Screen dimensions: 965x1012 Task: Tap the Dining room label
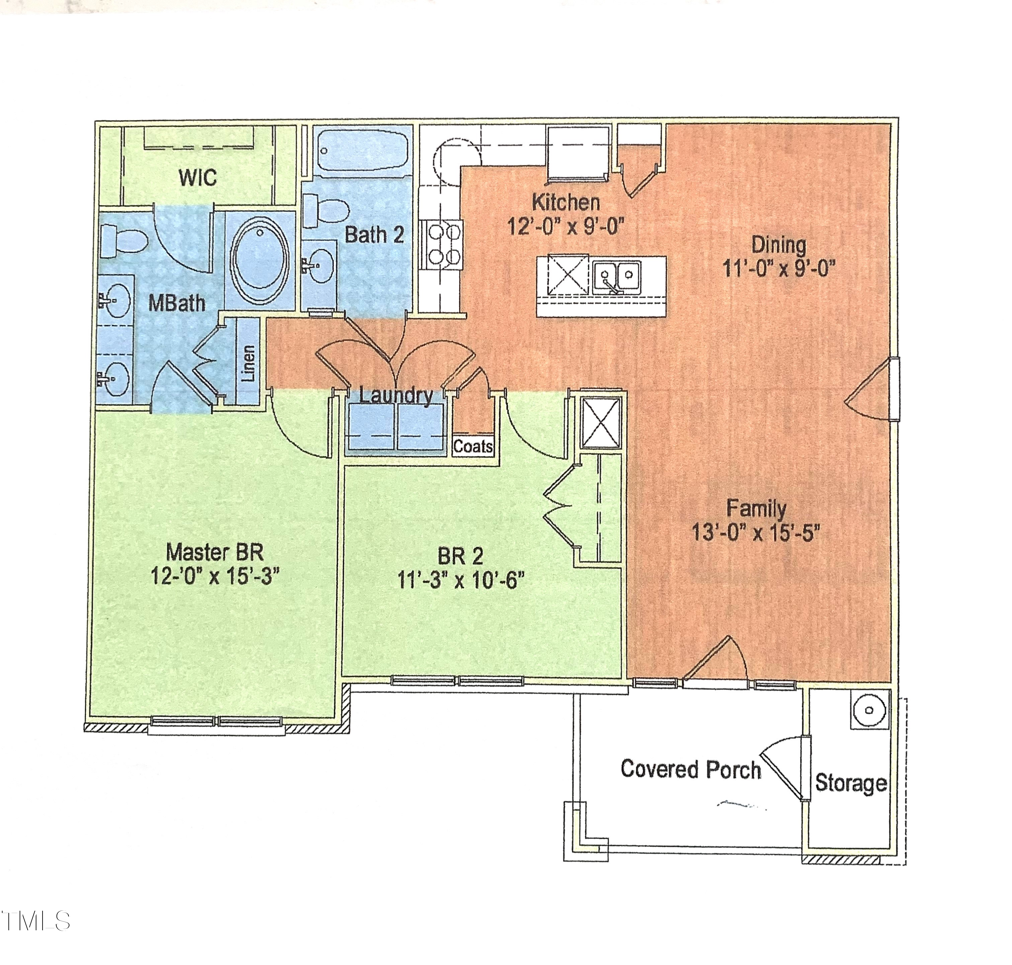point(778,245)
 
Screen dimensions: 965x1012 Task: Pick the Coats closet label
point(473,446)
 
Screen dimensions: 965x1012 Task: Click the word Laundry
point(395,396)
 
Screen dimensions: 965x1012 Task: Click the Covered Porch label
point(690,769)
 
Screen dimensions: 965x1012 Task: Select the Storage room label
point(850,783)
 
